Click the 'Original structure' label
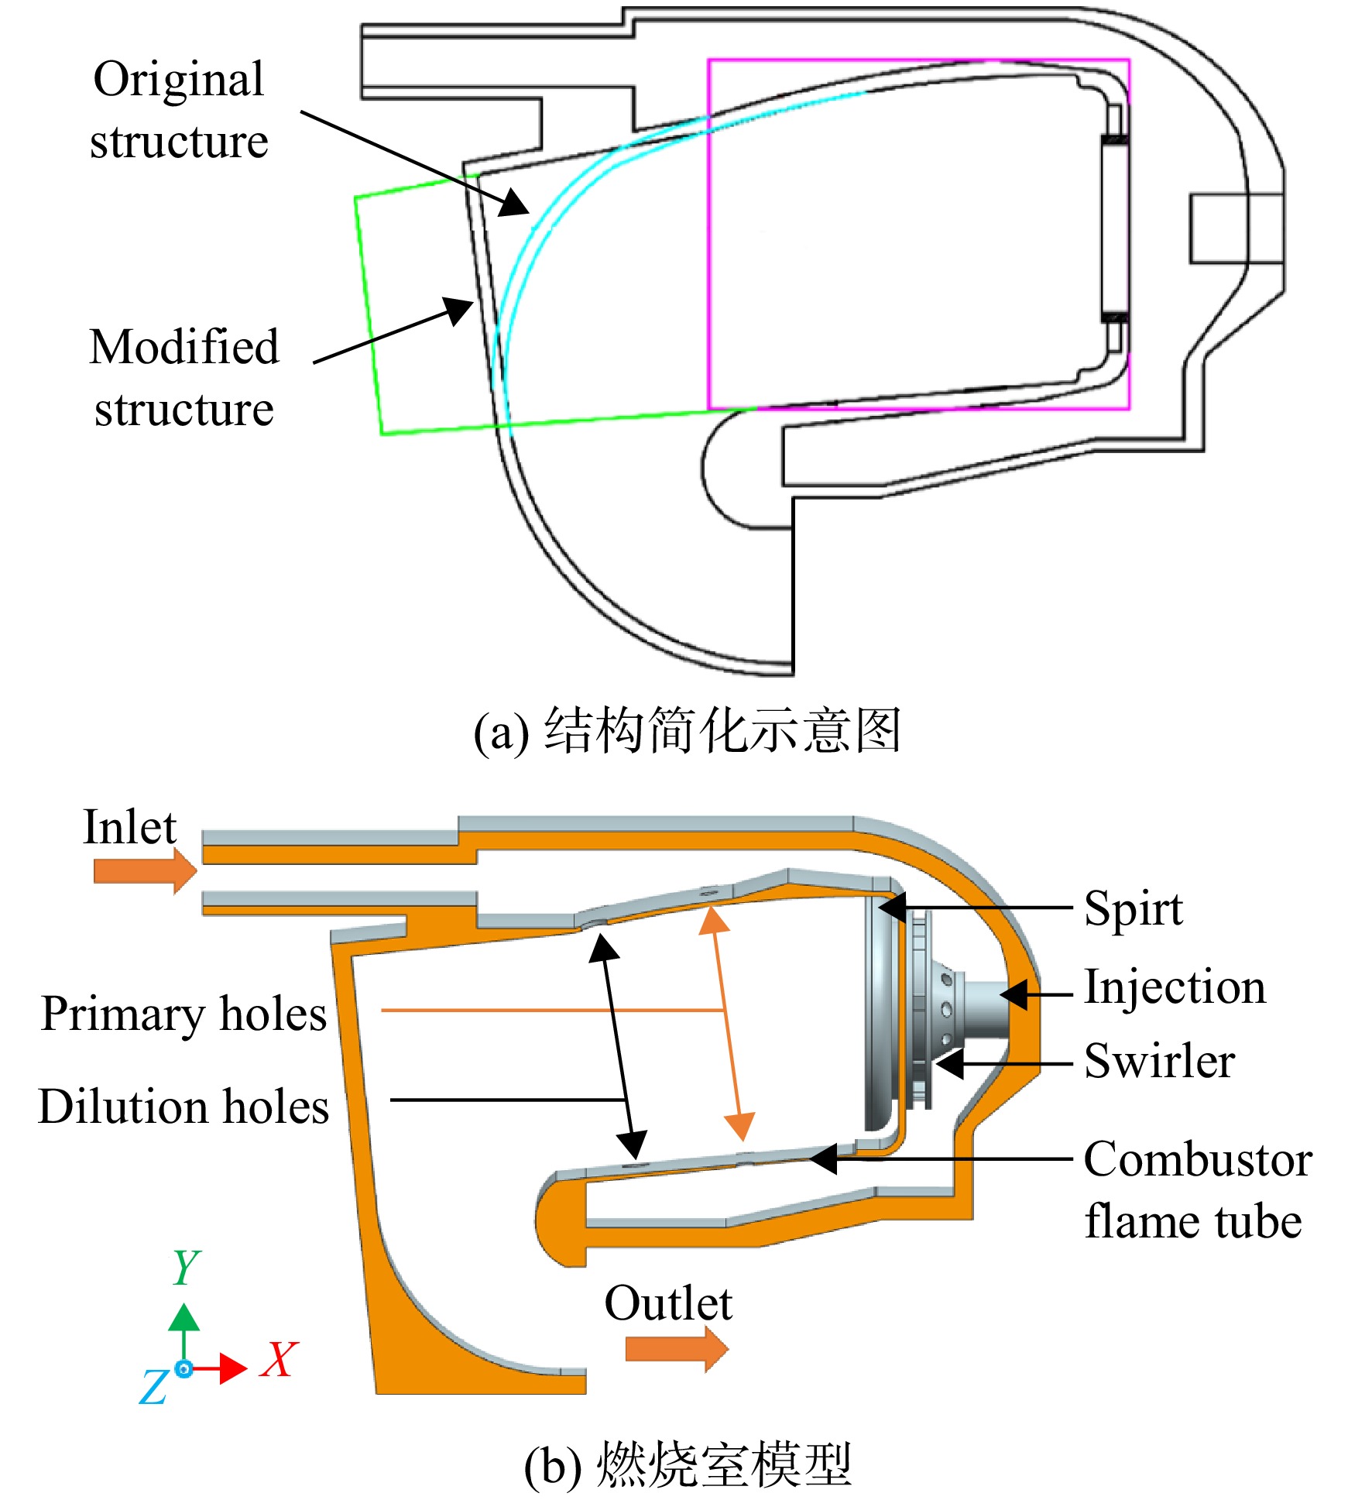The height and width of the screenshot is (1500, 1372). (179, 110)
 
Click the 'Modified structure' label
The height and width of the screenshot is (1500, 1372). (184, 377)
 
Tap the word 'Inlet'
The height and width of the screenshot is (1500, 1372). (129, 827)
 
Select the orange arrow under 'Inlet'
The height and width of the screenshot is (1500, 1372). (145, 871)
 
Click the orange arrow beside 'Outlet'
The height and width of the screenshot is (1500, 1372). (677, 1349)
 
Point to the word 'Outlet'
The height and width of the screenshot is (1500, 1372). (667, 1303)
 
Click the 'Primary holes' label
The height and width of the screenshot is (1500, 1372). (184, 1014)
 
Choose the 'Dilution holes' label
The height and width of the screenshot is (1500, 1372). (184, 1106)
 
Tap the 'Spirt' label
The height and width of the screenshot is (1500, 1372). (1133, 909)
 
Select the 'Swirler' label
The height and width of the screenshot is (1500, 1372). (1159, 1060)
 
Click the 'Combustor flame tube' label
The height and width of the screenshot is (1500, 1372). (1198, 1190)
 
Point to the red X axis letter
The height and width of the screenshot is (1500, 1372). (279, 1358)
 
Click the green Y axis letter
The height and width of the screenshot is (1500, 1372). (186, 1267)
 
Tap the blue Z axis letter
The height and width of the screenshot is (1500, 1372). (154, 1385)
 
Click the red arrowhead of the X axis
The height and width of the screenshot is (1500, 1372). (233, 1368)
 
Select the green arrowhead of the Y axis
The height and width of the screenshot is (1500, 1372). (184, 1317)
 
